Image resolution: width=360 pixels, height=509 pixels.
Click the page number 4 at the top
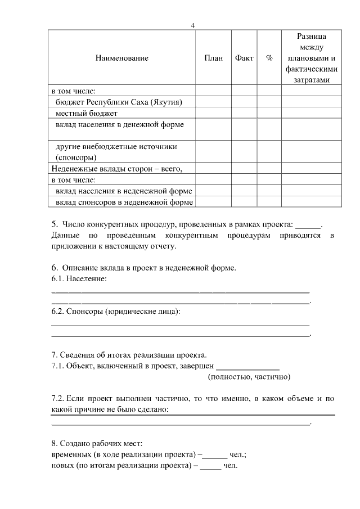(193, 26)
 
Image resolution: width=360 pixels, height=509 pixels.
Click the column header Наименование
(122, 58)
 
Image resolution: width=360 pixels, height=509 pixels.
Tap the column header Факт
(244, 58)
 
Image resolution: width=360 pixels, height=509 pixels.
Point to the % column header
(269, 58)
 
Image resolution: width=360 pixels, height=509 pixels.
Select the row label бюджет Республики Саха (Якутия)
(119, 102)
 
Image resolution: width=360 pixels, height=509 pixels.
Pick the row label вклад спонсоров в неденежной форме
(124, 202)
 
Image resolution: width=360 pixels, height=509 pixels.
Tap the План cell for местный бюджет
(213, 113)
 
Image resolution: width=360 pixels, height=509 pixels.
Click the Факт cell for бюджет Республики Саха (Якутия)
(244, 102)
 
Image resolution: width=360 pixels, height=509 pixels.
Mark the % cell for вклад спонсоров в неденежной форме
(269, 202)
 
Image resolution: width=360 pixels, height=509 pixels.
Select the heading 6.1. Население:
(79, 278)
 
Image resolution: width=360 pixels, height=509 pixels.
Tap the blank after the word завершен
(247, 366)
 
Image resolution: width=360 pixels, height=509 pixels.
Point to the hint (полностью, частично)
(249, 376)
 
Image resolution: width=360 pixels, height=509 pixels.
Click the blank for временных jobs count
(215, 454)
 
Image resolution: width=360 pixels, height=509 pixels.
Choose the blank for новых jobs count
(210, 465)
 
